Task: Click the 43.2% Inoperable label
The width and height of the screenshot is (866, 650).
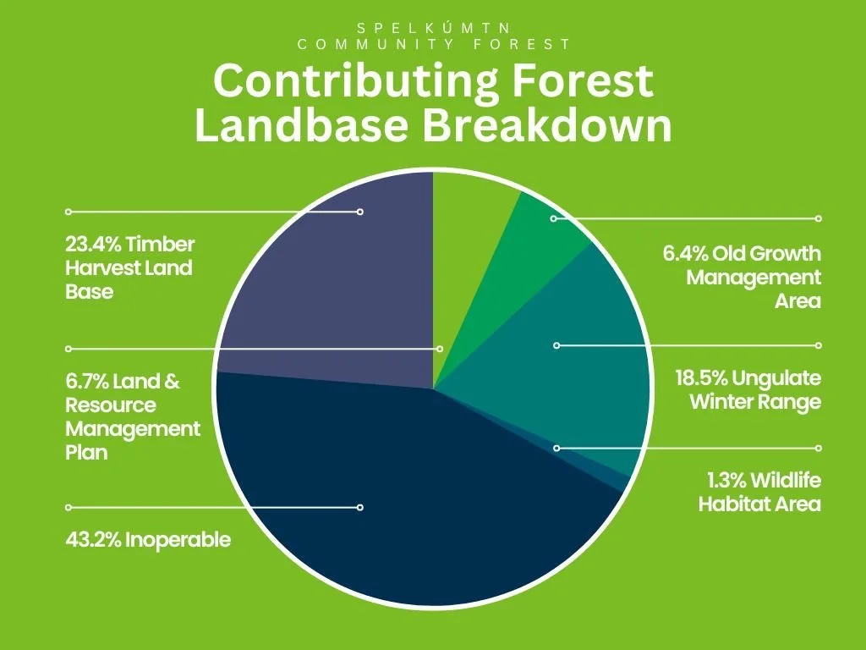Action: click(148, 539)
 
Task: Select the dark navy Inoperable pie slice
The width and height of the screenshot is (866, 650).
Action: click(397, 498)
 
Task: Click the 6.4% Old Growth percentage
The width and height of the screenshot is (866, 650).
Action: click(685, 254)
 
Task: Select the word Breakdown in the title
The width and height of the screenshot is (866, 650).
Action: click(547, 125)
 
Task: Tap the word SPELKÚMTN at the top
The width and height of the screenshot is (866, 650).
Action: click(433, 28)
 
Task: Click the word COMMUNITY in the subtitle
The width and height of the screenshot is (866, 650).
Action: click(375, 44)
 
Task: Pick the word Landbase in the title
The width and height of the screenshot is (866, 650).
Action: click(302, 125)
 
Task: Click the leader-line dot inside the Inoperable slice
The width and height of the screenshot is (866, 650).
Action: click(360, 508)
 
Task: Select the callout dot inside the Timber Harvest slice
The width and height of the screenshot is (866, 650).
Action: click(360, 212)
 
